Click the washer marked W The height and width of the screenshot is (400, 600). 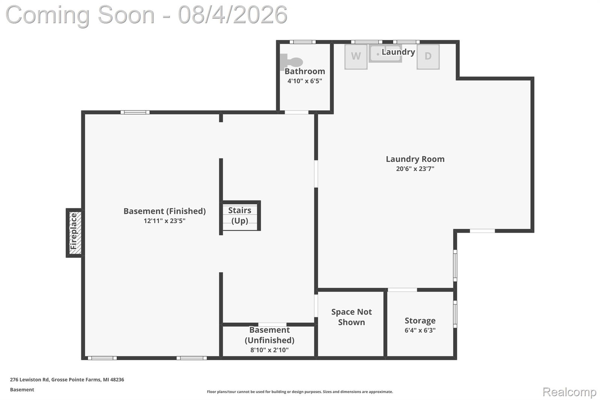(x=356, y=57)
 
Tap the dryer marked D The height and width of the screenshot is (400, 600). (x=428, y=57)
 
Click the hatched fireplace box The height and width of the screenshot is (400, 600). (x=74, y=233)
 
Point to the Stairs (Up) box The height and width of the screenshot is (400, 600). (x=240, y=215)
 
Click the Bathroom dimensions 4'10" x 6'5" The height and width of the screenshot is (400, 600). (x=305, y=81)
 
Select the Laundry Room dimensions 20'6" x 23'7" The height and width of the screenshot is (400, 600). (x=415, y=169)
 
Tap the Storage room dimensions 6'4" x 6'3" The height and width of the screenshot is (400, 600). (x=420, y=330)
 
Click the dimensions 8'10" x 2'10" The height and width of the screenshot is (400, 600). (x=269, y=350)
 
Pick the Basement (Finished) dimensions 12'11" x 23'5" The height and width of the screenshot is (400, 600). (x=164, y=221)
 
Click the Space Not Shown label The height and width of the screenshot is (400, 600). (x=352, y=317)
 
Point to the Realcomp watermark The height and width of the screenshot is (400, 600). (x=570, y=392)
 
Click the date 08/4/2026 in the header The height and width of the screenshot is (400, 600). (x=233, y=15)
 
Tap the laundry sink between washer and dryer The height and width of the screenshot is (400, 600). (x=385, y=54)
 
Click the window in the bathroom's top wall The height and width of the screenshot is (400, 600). (x=303, y=42)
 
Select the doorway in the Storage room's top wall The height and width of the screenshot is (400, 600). (x=402, y=290)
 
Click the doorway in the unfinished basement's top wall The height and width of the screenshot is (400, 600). (x=272, y=325)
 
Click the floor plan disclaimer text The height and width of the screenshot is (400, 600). (x=300, y=392)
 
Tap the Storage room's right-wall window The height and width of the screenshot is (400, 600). (x=455, y=314)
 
